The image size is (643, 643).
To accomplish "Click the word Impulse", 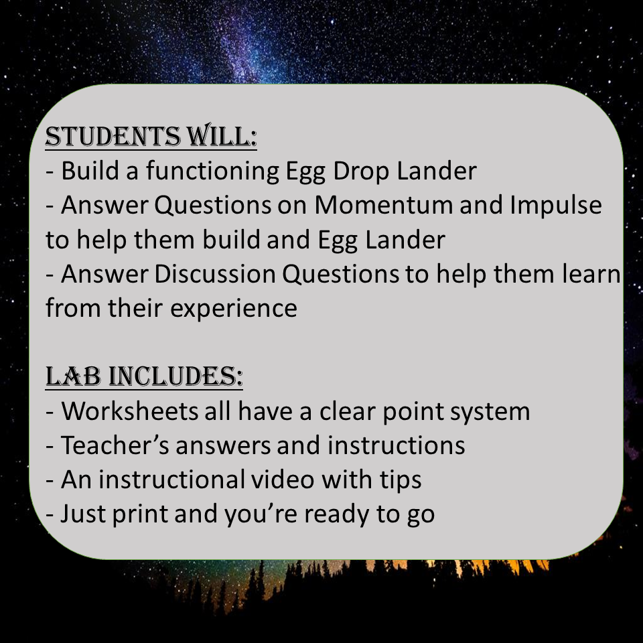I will pos(555,206).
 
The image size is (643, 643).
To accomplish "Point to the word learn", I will pos(587,274).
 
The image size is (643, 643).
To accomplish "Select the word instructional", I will pos(171,480).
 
